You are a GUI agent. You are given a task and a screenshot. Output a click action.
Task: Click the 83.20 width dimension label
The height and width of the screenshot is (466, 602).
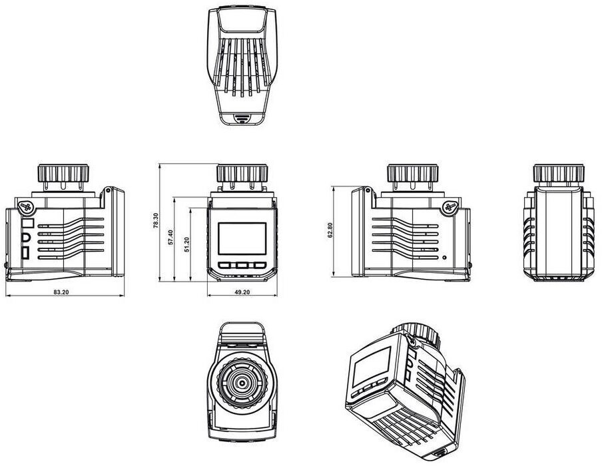coord(61,292)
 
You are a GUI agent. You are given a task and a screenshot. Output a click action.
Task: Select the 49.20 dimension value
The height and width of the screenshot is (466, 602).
coord(242,292)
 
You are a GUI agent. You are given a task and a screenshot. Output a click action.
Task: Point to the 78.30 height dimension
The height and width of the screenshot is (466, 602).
coord(155,221)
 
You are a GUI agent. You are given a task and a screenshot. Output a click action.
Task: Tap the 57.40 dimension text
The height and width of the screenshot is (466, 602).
coord(171,237)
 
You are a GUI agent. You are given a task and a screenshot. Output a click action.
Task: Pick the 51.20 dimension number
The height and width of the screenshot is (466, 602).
coord(186,244)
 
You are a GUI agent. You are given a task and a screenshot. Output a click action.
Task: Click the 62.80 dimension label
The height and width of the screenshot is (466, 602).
coord(330,230)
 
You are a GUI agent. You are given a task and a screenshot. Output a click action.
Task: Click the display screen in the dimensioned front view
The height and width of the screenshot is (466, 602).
coord(242,238)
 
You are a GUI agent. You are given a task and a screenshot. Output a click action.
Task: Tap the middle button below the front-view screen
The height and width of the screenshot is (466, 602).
coord(242,265)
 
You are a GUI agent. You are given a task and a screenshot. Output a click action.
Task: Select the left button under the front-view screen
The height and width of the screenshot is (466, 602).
coord(224,265)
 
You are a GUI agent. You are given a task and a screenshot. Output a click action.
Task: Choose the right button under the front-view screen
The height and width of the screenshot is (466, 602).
coord(260,265)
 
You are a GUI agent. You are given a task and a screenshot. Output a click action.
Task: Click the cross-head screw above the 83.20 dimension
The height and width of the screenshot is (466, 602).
coord(27,207)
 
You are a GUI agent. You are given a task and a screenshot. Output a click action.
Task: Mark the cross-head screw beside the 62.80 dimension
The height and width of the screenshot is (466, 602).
coord(450,207)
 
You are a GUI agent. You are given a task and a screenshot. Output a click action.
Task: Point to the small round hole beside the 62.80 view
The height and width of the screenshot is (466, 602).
coord(444,258)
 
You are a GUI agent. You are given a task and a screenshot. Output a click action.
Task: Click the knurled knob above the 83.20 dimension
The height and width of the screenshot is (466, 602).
coord(63,174)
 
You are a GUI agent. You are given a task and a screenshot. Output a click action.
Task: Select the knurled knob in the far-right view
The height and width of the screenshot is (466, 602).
coord(559,174)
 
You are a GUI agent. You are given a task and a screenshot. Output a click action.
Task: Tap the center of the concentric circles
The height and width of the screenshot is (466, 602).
coord(242,383)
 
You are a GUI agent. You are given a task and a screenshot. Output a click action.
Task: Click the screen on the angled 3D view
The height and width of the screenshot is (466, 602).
coord(372,367)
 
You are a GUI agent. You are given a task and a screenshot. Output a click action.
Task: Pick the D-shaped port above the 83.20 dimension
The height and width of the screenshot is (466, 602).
coord(26,238)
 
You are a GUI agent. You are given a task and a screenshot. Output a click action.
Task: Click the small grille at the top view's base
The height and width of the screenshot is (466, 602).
coord(242,118)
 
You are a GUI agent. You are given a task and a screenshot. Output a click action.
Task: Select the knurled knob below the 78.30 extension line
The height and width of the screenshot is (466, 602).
coord(242,174)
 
